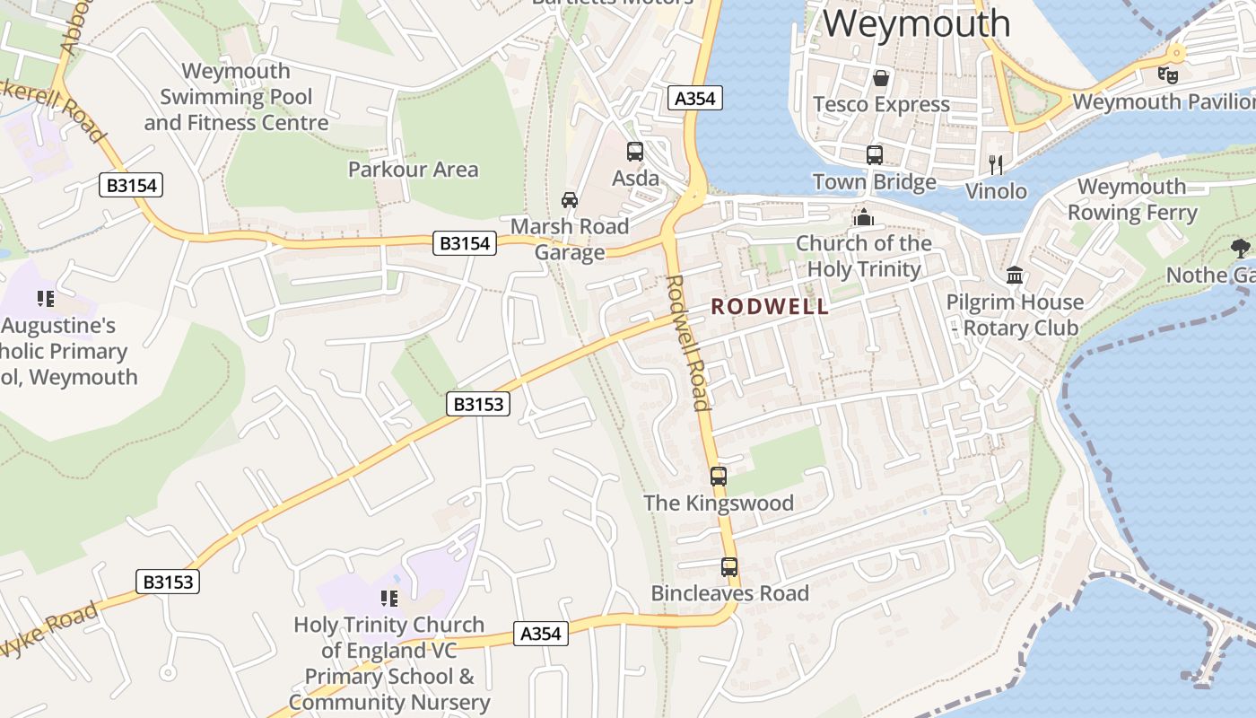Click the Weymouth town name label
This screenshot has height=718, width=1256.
(916, 23)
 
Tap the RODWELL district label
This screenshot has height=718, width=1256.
(770, 307)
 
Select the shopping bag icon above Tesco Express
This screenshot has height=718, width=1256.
(881, 78)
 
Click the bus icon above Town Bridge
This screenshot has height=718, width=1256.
(875, 155)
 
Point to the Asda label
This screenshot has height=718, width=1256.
(635, 179)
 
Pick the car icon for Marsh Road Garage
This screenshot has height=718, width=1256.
(570, 199)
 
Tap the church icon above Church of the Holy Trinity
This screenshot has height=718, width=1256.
(864, 217)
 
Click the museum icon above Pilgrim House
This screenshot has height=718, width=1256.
(1015, 275)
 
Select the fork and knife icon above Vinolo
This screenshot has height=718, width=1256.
(995, 164)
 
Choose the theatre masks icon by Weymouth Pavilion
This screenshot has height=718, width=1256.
(1167, 75)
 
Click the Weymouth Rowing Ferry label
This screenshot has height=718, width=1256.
(1132, 200)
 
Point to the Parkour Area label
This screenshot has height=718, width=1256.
(413, 170)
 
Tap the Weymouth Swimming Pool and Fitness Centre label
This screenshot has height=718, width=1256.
(236, 97)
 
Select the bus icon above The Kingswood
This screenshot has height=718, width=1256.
(719, 477)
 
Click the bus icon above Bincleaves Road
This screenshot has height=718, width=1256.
(729, 567)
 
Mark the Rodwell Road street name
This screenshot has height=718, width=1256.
(689, 342)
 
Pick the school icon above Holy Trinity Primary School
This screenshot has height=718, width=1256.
(389, 598)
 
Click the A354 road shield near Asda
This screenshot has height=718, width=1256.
(695, 99)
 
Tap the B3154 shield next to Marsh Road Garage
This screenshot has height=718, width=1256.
(465, 242)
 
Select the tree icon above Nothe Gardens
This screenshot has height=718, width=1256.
(1241, 248)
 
